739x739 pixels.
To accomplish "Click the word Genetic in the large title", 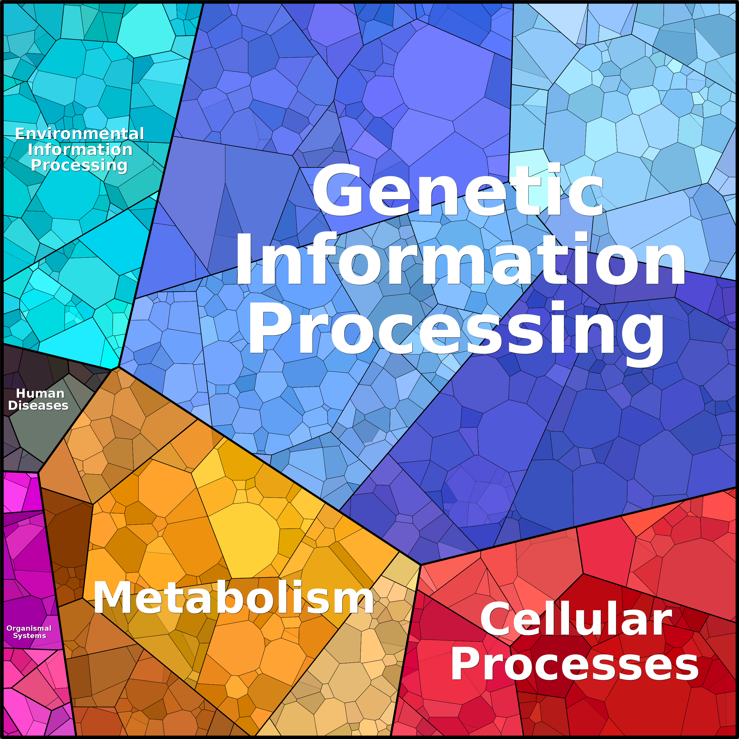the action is (458, 190).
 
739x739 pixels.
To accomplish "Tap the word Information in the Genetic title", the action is (460, 259).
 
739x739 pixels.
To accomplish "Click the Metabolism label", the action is (233, 597).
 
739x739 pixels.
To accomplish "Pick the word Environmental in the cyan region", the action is (79, 134).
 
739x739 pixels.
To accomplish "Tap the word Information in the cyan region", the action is (80, 149).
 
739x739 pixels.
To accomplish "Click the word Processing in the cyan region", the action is (79, 166).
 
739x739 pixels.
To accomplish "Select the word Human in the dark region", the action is (40, 393).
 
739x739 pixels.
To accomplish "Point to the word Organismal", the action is (29, 628).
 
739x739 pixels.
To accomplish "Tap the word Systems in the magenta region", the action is (29, 636).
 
